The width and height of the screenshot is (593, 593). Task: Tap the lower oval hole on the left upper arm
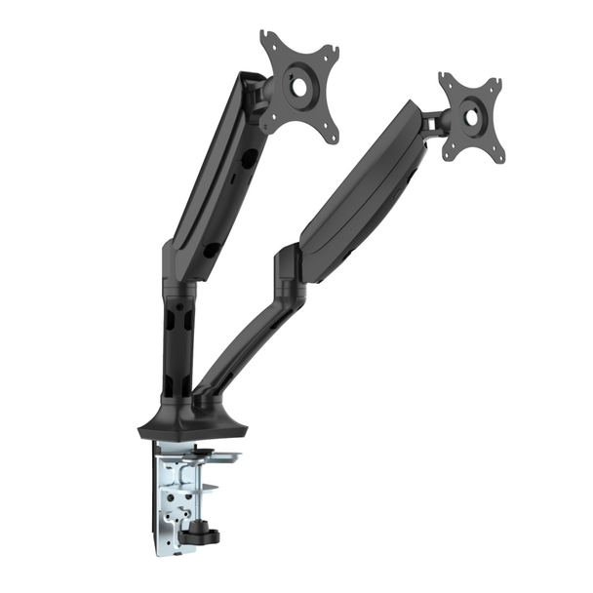211,251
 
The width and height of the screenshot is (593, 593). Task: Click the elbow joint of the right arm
291,269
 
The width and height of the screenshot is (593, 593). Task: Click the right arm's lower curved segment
249,332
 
